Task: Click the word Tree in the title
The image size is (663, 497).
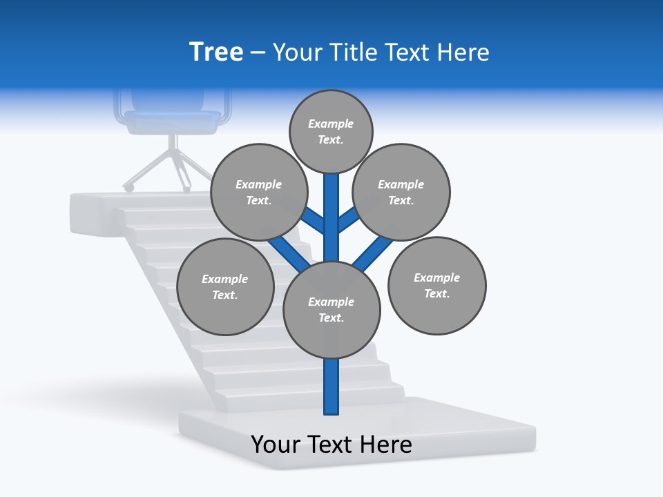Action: coord(216,52)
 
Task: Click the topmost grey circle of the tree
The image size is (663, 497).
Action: coord(331,131)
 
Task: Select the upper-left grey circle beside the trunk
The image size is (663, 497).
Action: coord(258,192)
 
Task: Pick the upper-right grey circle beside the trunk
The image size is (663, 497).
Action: coord(401,192)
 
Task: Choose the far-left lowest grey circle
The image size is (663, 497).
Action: coord(225,286)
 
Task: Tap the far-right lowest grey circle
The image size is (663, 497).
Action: coord(436,285)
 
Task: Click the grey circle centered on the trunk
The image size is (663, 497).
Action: coord(331,310)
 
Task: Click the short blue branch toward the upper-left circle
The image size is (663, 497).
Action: coord(314,221)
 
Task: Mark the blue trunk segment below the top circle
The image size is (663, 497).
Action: coord(331,207)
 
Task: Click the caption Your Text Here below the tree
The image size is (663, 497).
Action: coord(331,445)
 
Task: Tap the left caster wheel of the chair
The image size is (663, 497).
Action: coord(128,187)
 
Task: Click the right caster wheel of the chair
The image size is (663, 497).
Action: coord(186,188)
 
